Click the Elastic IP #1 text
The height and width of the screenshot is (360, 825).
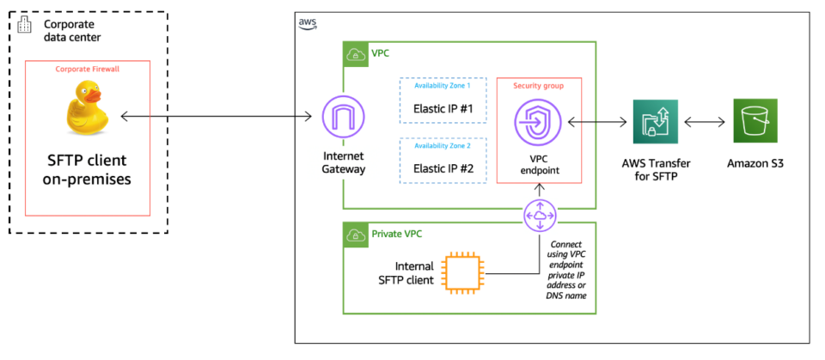[x=443, y=109]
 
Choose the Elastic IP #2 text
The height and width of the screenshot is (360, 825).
[x=443, y=168]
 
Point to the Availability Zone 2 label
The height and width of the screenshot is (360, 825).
[x=443, y=147]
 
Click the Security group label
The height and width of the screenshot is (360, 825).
[x=539, y=86]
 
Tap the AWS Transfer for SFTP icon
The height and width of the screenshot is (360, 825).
[x=655, y=121]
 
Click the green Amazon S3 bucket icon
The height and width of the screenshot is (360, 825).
[x=755, y=121]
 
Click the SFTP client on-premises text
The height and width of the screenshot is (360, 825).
[x=90, y=170]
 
